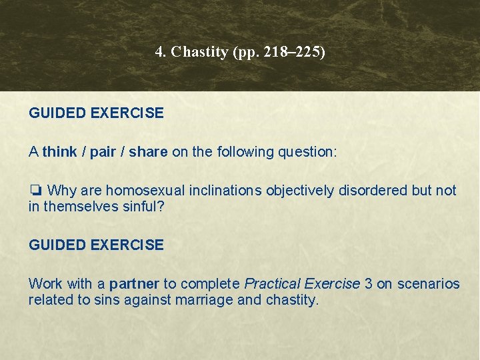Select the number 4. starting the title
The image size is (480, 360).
(161, 52)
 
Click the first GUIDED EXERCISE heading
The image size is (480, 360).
(96, 113)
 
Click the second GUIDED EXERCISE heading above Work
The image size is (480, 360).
(96, 245)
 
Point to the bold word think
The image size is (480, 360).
(60, 152)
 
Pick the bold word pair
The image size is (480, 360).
(103, 152)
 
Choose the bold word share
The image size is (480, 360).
(148, 152)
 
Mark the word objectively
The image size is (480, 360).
(299, 191)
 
